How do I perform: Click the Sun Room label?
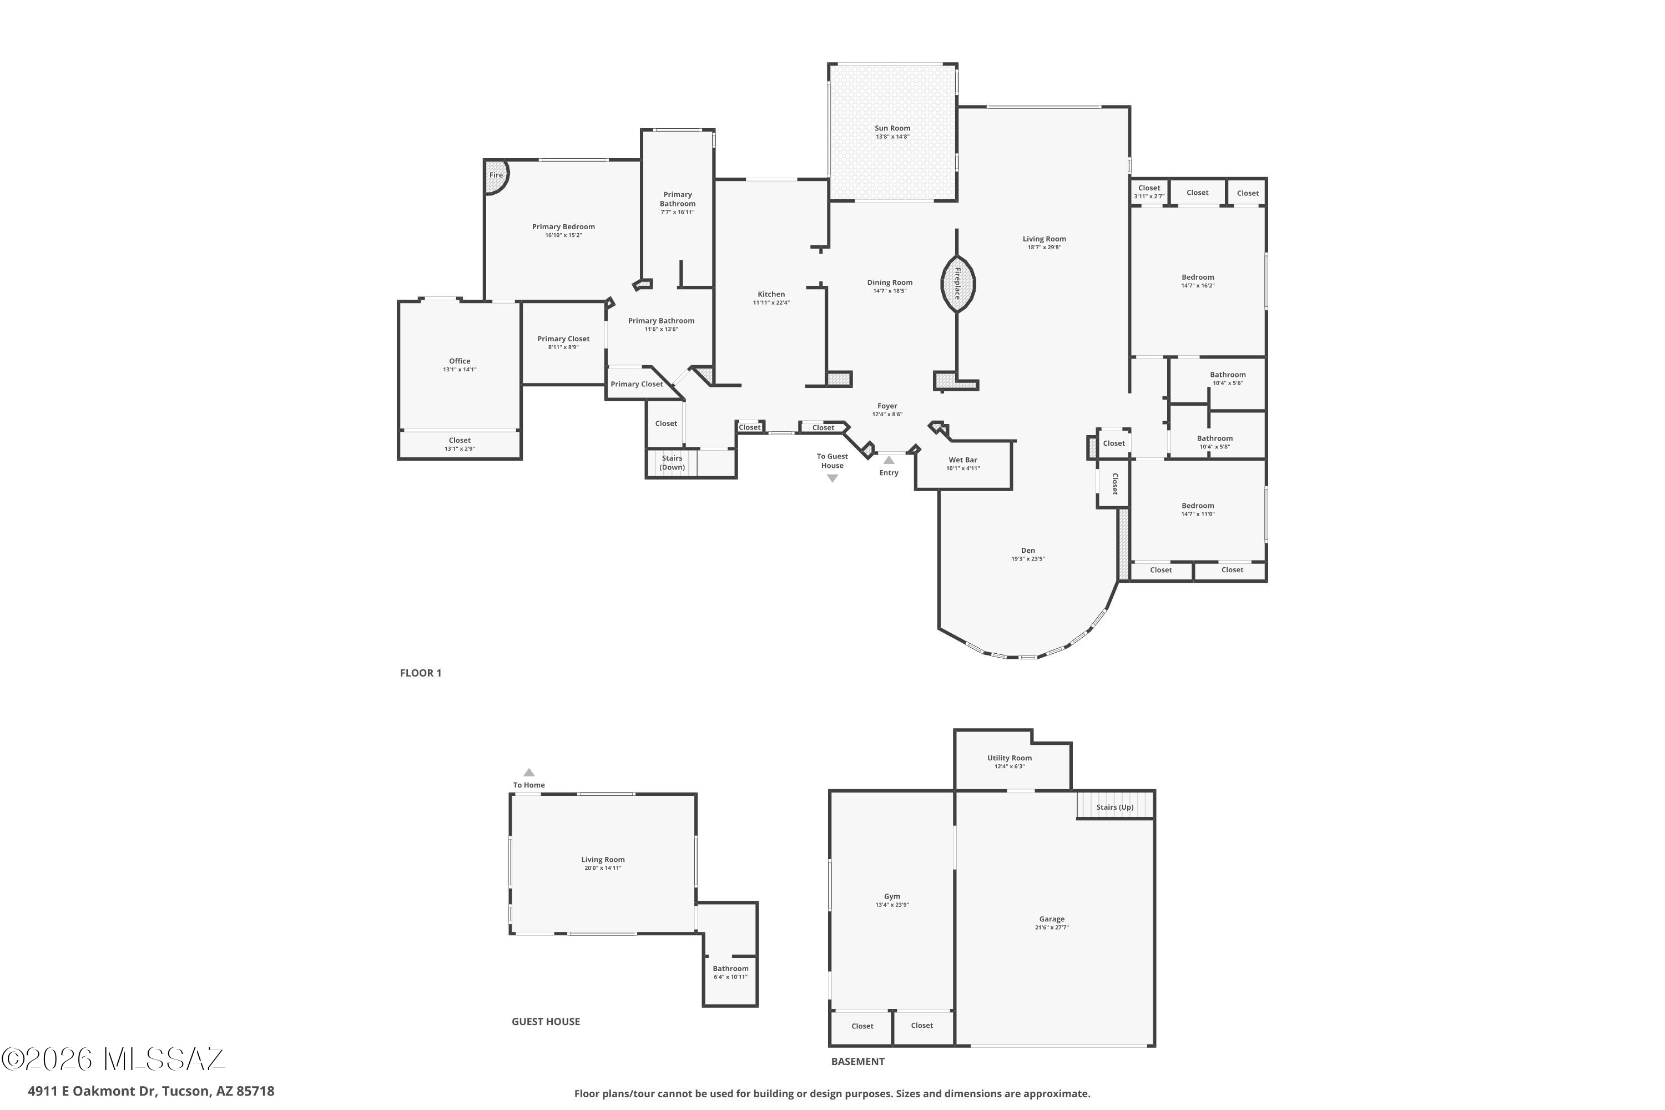tap(892, 128)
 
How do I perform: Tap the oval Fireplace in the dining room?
tap(958, 283)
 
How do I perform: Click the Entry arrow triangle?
tap(889, 460)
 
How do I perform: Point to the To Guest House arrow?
tap(833, 478)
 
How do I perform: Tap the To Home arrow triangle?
tap(529, 773)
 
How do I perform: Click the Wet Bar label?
tap(963, 460)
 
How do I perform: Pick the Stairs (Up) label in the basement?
tap(1115, 807)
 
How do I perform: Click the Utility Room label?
tap(1010, 758)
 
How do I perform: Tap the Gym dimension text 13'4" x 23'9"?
tap(892, 905)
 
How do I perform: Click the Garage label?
tap(1052, 919)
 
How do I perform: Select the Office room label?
tap(460, 361)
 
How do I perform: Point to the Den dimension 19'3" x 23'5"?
tap(1028, 558)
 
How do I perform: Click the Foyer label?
tap(887, 406)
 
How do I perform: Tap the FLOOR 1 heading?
tap(421, 673)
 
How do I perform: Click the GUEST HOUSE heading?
tap(546, 1022)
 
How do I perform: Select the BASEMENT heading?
tap(858, 1061)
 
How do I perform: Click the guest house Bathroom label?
tap(730, 968)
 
